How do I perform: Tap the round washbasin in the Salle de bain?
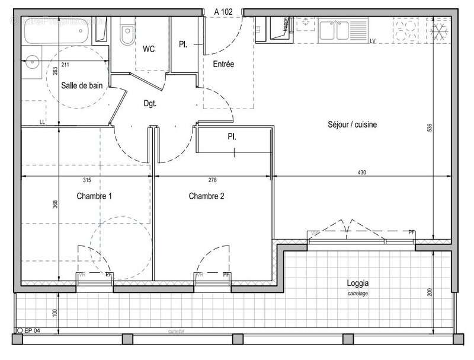33,60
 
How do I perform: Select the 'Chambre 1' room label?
95,196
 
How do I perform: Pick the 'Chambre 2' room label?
206,196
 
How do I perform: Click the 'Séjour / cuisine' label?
353,125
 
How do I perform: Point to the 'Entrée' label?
223,64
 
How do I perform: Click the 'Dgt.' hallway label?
150,103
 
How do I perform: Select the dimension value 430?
362,173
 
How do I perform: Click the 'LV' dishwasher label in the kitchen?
373,41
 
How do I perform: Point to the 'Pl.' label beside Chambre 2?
232,136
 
